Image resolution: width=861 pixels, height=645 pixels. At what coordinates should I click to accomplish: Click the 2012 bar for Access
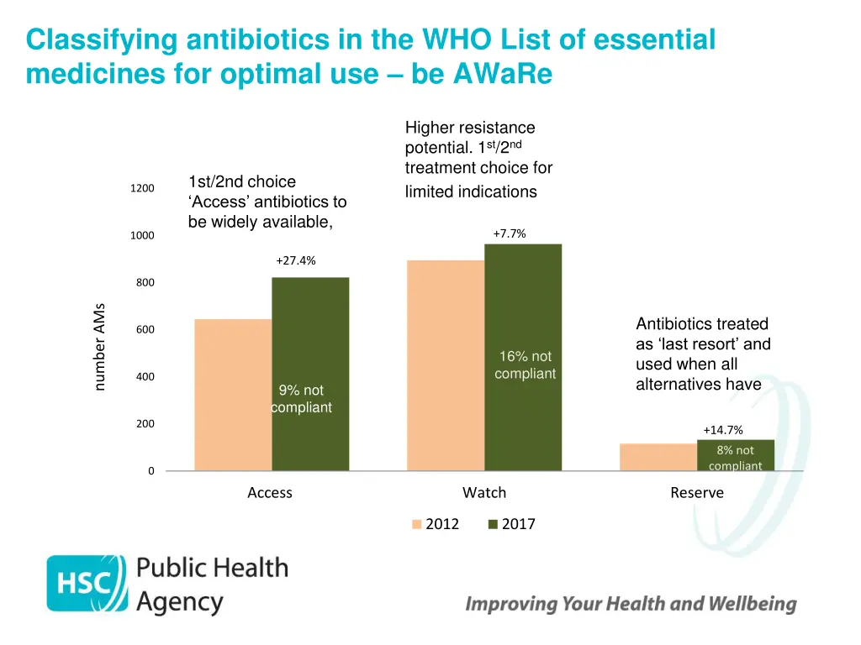click(x=233, y=395)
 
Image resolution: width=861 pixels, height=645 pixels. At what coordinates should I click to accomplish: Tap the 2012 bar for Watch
click(x=446, y=365)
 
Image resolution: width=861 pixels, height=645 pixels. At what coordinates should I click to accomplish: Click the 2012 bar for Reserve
click(x=658, y=457)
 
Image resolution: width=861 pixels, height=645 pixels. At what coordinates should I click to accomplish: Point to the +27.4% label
click(x=296, y=260)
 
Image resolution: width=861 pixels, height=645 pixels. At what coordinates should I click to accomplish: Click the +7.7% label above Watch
click(x=510, y=233)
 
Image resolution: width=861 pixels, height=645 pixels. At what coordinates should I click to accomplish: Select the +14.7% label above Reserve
click(x=723, y=430)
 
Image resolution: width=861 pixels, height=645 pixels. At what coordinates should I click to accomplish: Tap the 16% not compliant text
click(x=526, y=365)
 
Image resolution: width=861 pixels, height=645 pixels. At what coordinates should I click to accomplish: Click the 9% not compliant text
click(x=301, y=399)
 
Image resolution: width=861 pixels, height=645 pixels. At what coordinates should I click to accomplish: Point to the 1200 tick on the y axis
click(x=142, y=188)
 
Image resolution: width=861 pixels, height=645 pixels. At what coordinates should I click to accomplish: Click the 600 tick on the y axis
click(x=145, y=330)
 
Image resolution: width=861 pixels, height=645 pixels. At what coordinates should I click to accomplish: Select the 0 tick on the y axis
click(x=151, y=471)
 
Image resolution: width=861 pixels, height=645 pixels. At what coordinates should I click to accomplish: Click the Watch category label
click(x=484, y=493)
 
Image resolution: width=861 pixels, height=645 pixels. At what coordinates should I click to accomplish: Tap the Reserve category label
click(x=697, y=493)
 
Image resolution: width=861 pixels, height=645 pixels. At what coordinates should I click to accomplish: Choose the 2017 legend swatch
click(x=493, y=525)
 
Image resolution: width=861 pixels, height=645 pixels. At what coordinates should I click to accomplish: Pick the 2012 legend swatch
click(x=416, y=525)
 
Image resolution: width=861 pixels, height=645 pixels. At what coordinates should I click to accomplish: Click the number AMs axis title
click(x=99, y=346)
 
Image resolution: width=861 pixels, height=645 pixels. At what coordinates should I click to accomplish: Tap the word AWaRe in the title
click(x=503, y=75)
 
